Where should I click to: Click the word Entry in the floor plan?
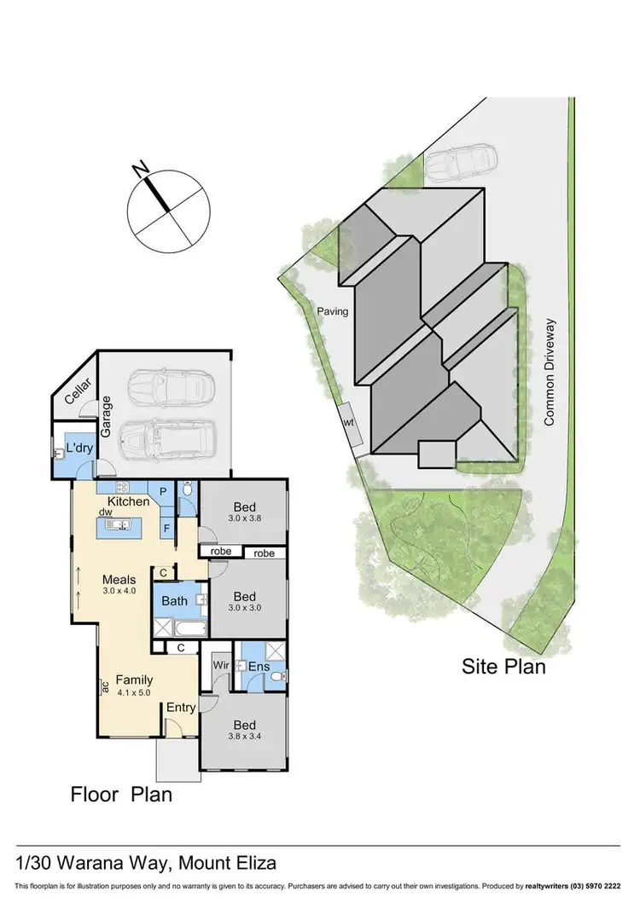181,707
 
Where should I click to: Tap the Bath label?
175,601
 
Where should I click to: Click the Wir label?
219,664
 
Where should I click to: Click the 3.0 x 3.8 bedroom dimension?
244,518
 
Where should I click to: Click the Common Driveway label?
550,372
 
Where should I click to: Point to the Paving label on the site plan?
332,311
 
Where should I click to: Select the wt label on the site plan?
348,422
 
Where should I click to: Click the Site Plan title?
503,666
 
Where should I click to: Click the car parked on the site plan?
460,162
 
